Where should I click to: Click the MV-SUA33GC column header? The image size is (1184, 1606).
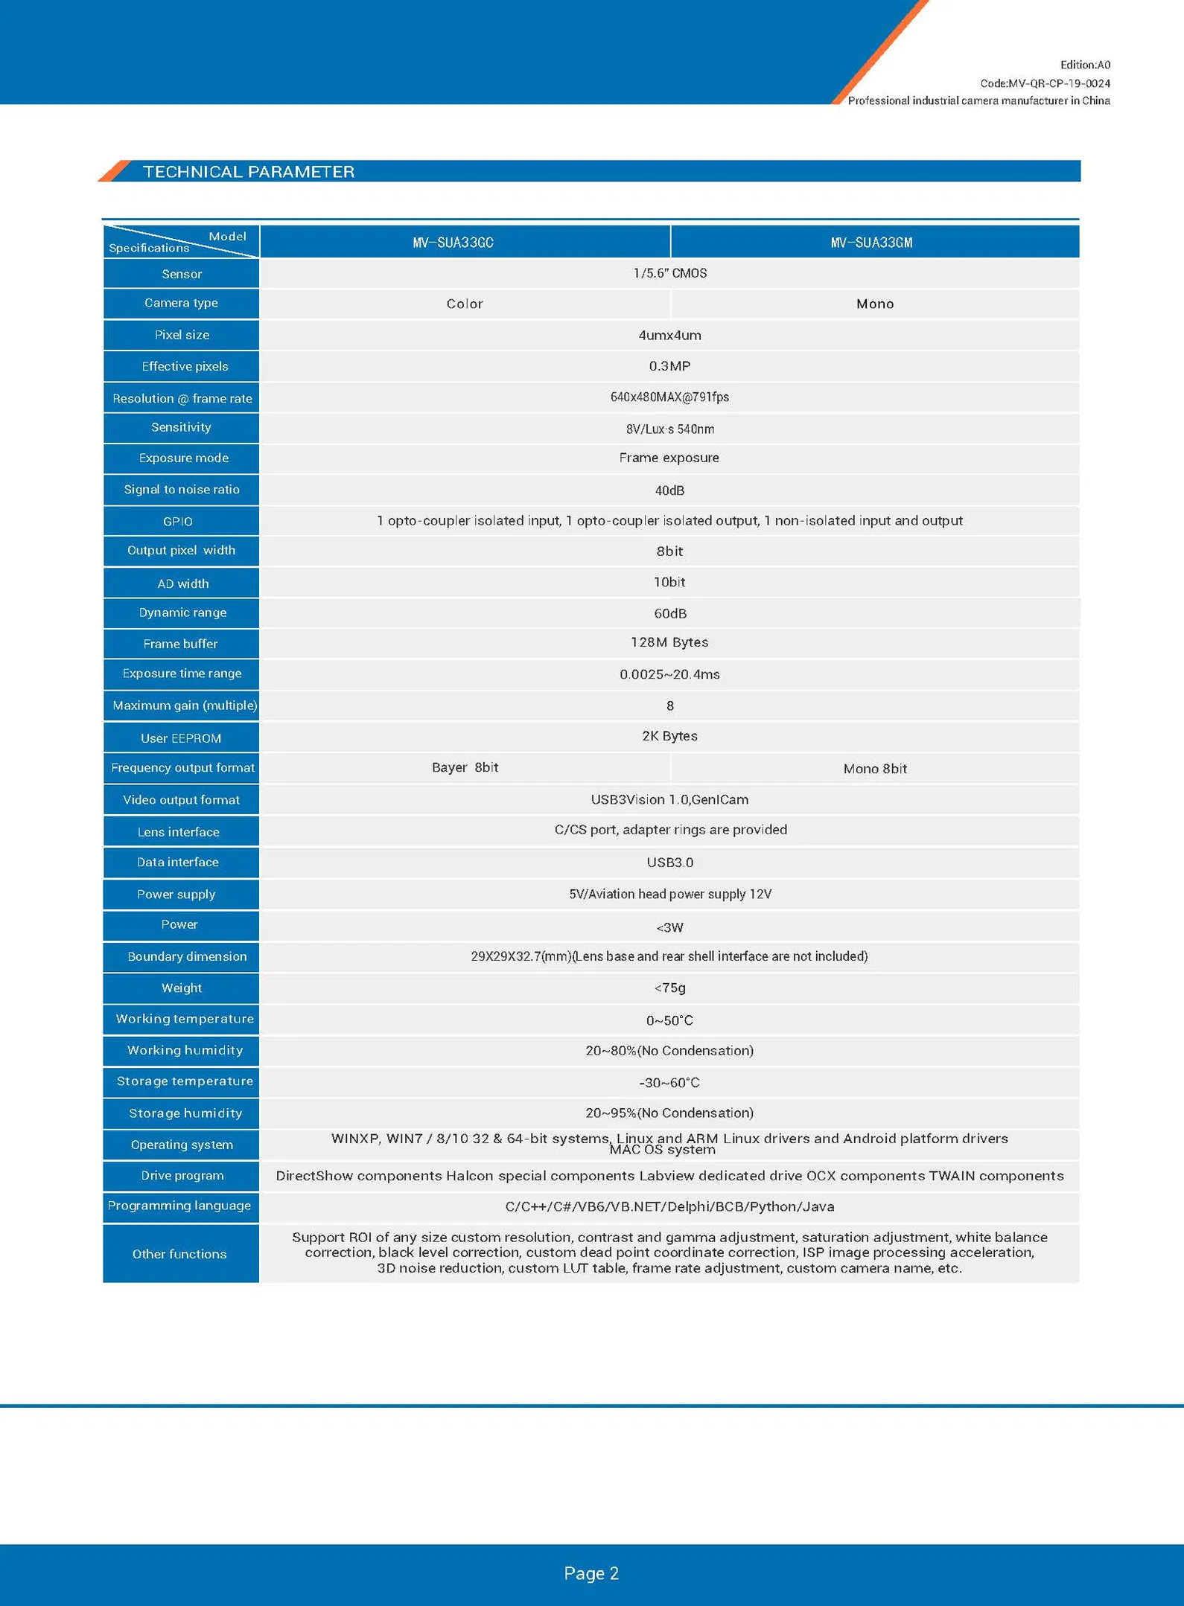(453, 243)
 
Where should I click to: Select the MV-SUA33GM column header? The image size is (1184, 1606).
(871, 243)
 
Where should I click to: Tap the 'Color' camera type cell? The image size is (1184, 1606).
(465, 304)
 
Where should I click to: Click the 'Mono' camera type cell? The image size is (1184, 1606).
(875, 304)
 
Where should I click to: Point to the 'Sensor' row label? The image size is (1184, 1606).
(182, 274)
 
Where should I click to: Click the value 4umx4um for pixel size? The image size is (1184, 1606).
(669, 335)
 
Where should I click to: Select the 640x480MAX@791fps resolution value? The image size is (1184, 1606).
(669, 397)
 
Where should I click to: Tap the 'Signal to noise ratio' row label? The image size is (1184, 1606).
(182, 489)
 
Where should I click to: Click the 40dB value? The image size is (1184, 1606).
(669, 490)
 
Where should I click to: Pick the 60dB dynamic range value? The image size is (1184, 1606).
(669, 613)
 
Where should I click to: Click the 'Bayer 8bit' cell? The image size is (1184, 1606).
(465, 767)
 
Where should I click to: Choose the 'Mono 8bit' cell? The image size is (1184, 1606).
(875, 769)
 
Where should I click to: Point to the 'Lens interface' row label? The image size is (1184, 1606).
(179, 832)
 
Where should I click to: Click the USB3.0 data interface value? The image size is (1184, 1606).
(669, 863)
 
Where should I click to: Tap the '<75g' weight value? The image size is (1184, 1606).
(669, 988)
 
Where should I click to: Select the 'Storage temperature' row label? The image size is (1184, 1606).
(185, 1081)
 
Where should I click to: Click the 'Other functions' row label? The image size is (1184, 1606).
(179, 1254)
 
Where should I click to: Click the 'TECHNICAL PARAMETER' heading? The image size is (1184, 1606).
(249, 172)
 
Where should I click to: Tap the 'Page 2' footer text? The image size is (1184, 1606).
(591, 1573)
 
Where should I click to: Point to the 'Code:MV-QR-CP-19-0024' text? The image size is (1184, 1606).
(1045, 83)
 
